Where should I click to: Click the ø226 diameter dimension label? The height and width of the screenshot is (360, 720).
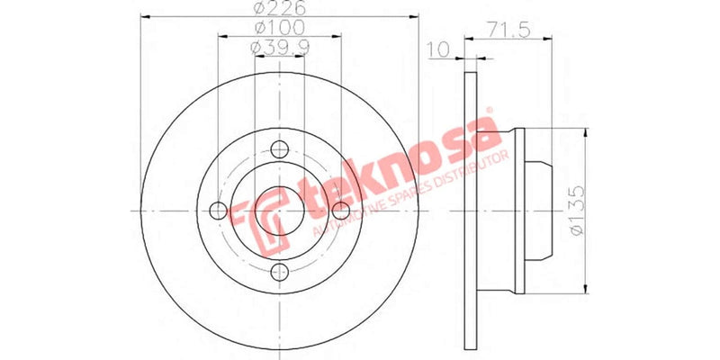pyautogui.click(x=281, y=10)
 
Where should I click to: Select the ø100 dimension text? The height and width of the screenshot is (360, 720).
pyautogui.click(x=281, y=29)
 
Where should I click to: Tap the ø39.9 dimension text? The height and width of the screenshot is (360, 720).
pyautogui.click(x=281, y=47)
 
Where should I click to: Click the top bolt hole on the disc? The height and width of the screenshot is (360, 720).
pyautogui.click(x=279, y=150)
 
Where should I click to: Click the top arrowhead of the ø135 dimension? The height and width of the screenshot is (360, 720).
pyautogui.click(x=587, y=130)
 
